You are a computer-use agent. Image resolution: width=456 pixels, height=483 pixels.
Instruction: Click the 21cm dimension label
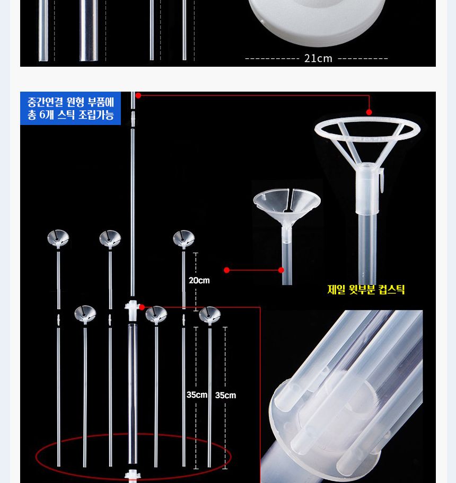click(x=318, y=58)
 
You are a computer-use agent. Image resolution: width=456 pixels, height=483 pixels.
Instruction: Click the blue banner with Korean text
click(x=71, y=109)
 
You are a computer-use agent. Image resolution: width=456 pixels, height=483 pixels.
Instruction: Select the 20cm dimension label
click(x=199, y=280)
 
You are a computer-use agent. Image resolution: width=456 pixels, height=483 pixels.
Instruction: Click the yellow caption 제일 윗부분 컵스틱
click(x=366, y=290)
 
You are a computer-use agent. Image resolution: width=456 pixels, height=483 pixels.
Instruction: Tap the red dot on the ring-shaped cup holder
click(x=369, y=112)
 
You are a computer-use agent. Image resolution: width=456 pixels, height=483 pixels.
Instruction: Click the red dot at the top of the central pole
click(x=138, y=95)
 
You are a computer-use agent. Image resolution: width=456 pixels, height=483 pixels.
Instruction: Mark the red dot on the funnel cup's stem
click(x=281, y=270)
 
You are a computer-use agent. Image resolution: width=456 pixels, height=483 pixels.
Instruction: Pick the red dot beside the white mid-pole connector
click(x=142, y=307)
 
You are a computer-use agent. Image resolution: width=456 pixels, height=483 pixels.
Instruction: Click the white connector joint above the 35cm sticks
click(x=131, y=307)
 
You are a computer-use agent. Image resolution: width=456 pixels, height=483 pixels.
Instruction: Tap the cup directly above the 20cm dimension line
click(x=183, y=239)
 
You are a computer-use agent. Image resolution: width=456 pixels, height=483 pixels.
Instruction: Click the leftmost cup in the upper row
click(x=58, y=239)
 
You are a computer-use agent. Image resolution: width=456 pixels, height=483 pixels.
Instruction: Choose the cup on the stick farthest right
click(x=209, y=315)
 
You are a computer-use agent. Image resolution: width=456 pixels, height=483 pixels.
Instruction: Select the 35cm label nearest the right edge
click(x=225, y=395)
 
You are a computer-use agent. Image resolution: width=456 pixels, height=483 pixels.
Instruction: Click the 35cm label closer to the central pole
click(x=197, y=395)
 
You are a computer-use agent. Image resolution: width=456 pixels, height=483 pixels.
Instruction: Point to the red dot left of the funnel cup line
click(x=227, y=270)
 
